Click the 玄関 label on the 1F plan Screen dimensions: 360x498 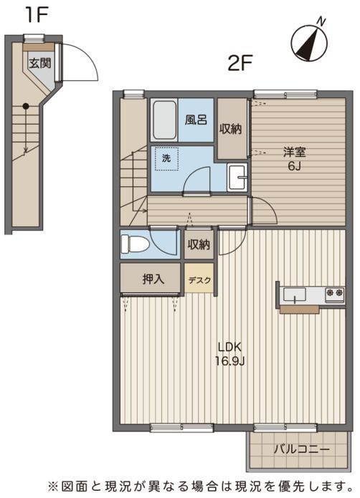pyautogui.click(x=40, y=63)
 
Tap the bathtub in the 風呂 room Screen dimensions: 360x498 pyautogui.click(x=164, y=120)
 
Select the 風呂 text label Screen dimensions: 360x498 pyautogui.click(x=196, y=120)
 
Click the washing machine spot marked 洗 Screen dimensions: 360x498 pyautogui.click(x=166, y=158)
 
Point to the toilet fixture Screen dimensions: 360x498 pyautogui.click(x=135, y=244)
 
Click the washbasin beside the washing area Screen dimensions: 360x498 pyautogui.click(x=237, y=178)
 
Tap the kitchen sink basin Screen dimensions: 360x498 pyautogui.click(x=295, y=295)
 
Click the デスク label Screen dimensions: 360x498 pyautogui.click(x=199, y=280)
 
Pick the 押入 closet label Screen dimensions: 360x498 pyautogui.click(x=153, y=279)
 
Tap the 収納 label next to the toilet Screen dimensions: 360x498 pyautogui.click(x=199, y=244)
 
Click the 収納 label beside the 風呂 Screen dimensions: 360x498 pyautogui.click(x=230, y=129)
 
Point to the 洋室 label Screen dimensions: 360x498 pyautogui.click(x=294, y=153)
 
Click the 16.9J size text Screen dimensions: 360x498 pyautogui.click(x=229, y=360)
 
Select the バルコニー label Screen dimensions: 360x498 pyautogui.click(x=301, y=449)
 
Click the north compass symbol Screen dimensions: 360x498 pyautogui.click(x=310, y=42)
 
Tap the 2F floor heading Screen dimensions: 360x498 pyautogui.click(x=240, y=63)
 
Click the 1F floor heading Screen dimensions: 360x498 pyautogui.click(x=37, y=14)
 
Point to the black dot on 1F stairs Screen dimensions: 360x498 pyautogui.click(x=26, y=107)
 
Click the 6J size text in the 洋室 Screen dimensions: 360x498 pyautogui.click(x=294, y=166)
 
